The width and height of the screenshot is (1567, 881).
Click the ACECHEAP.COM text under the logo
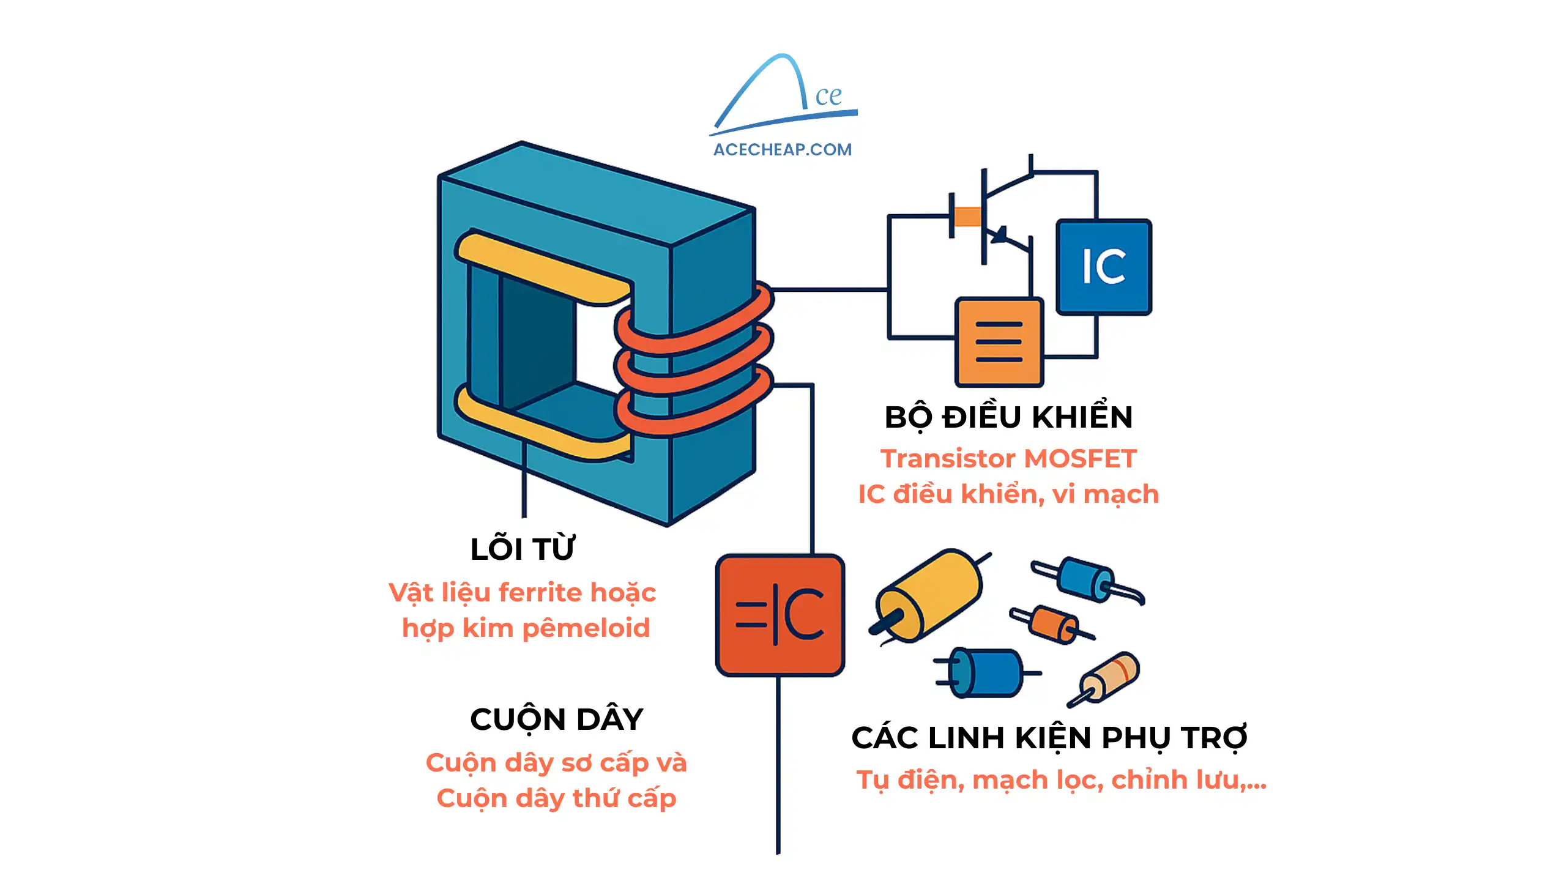[782, 149]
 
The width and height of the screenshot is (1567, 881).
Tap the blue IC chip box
[1103, 267]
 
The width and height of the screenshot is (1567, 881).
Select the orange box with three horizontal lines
[999, 341]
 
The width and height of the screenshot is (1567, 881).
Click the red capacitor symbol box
[780, 615]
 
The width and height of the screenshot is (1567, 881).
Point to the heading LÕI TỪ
[523, 549]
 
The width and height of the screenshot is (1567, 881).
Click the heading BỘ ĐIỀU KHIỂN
[1008, 418]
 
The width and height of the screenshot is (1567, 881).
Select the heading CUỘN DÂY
[556, 719]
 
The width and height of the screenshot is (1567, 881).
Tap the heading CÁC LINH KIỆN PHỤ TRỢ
[1049, 738]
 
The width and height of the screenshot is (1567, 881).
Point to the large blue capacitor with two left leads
[986, 673]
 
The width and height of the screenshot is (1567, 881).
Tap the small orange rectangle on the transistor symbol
[967, 217]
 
